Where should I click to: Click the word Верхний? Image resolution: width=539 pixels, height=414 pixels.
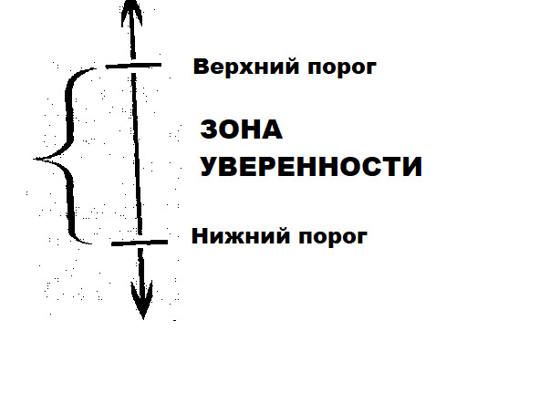click(x=246, y=67)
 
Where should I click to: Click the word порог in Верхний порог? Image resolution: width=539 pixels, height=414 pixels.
click(x=342, y=68)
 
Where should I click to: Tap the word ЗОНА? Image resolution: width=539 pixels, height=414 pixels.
click(x=241, y=129)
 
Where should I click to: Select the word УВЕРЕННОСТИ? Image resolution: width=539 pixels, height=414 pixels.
click(x=311, y=167)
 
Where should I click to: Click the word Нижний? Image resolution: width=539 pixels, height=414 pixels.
click(x=241, y=236)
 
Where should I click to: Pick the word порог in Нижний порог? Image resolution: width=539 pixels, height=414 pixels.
click(x=333, y=238)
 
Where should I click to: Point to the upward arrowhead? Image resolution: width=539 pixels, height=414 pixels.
click(x=132, y=12)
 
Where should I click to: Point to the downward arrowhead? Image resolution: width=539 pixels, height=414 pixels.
click(x=142, y=301)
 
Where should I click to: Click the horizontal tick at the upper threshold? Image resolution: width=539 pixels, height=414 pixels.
click(x=133, y=66)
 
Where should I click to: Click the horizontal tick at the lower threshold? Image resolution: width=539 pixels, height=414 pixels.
click(x=140, y=243)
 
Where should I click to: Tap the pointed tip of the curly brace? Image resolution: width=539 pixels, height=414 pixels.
click(x=35, y=159)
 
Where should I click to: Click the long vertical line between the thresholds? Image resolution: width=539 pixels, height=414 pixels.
click(x=137, y=153)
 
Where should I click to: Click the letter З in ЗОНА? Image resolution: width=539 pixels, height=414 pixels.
click(x=209, y=129)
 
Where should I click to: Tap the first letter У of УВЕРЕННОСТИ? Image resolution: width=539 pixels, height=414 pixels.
click(x=210, y=167)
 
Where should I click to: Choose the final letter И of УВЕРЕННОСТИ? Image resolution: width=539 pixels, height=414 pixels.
click(x=412, y=167)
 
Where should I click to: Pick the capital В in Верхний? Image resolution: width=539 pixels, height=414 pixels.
click(x=201, y=67)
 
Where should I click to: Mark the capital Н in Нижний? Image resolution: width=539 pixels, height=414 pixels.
click(x=200, y=236)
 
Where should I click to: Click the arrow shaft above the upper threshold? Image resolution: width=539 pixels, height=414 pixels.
click(x=132, y=43)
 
